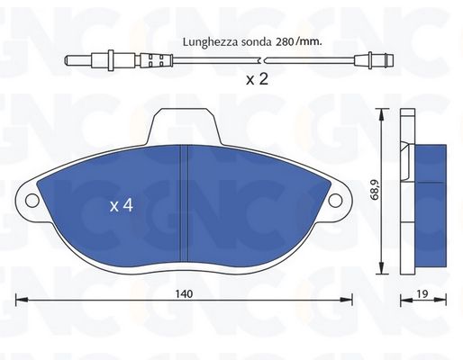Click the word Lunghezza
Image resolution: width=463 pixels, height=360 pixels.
click(211, 41)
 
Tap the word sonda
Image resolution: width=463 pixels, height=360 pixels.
click(256, 42)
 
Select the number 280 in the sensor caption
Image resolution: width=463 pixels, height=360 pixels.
click(284, 42)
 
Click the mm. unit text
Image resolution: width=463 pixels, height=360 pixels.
click(310, 42)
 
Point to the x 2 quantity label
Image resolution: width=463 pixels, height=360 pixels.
click(257, 79)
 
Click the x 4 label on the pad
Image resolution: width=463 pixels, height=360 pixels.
click(122, 205)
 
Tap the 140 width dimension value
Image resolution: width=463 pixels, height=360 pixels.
click(184, 294)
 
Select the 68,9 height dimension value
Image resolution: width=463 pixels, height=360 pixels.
click(375, 190)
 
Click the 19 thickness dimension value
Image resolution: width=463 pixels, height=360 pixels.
click(422, 294)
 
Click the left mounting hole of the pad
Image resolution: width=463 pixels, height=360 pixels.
click(32, 201)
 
